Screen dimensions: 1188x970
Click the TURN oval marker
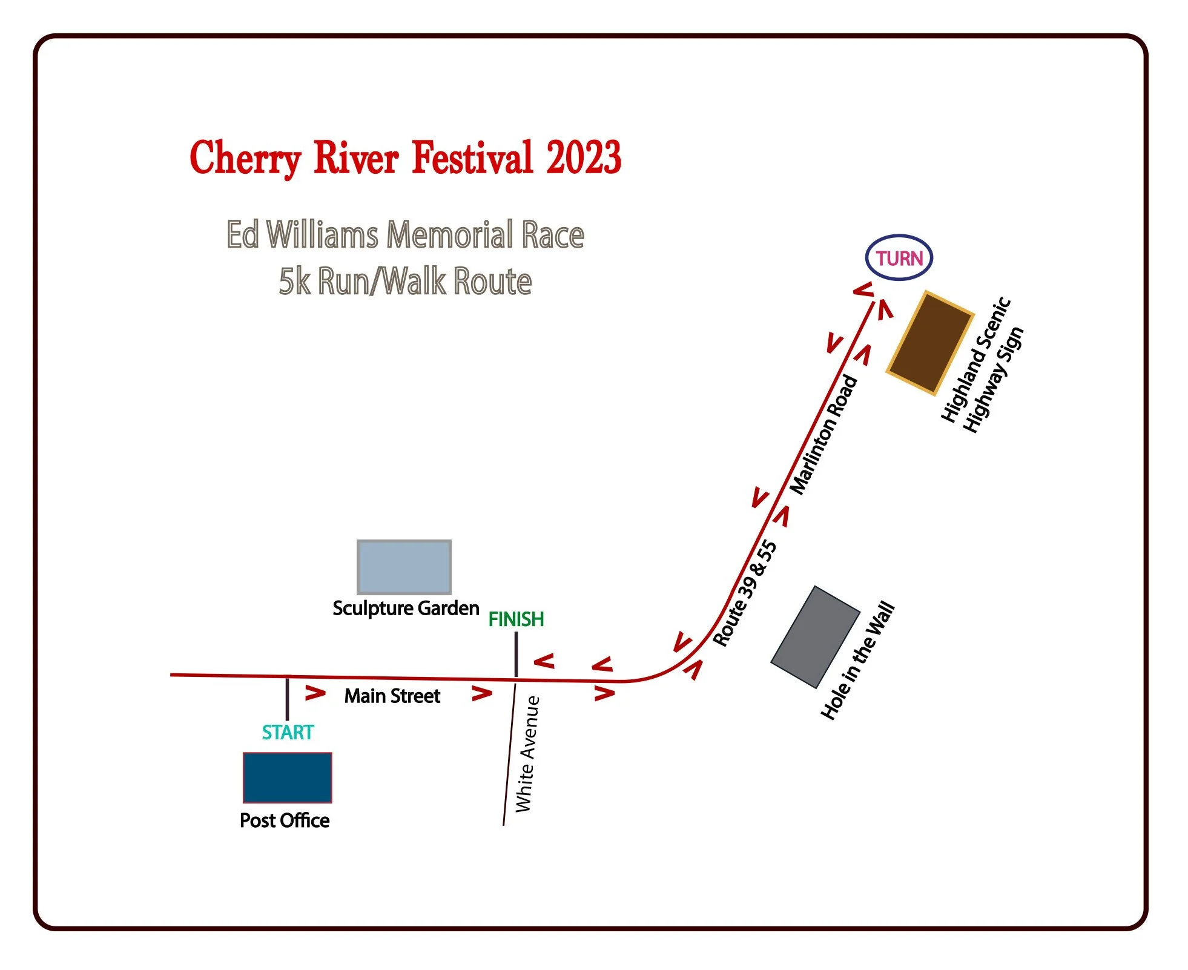click(899, 258)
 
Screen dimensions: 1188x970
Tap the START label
click(288, 733)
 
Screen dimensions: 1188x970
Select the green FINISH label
click(516, 619)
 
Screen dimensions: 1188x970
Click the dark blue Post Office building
click(288, 777)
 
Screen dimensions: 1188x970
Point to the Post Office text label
click(285, 820)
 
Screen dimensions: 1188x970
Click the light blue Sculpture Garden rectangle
click(404, 567)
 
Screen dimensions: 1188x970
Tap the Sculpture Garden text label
click(406, 608)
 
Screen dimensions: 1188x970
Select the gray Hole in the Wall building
click(815, 637)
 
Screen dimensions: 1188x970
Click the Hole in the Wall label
click(857, 661)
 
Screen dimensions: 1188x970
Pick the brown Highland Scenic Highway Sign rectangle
click(930, 343)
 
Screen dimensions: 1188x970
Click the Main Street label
click(392, 696)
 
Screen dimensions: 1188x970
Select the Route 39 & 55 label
click(745, 593)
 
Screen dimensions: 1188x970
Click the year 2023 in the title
click(584, 157)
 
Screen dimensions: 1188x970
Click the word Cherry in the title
click(245, 157)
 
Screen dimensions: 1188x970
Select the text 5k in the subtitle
click(294, 282)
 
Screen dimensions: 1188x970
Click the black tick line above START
click(287, 699)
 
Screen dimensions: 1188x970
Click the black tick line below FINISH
click(516, 654)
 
